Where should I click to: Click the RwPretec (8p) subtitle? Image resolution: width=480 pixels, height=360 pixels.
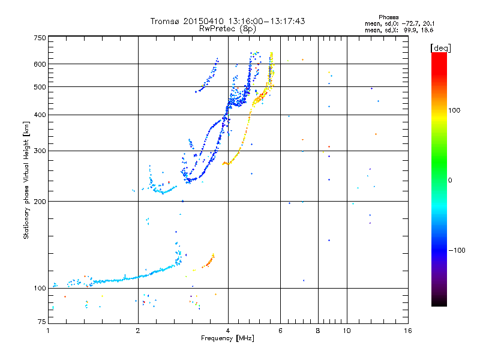tap(227, 29)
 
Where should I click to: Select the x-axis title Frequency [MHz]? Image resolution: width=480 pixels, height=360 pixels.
tap(227, 338)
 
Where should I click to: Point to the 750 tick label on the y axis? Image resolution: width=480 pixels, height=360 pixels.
tap(40, 38)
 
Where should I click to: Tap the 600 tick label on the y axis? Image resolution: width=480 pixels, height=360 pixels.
tap(40, 64)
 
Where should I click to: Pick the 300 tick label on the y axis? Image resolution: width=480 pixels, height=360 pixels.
tap(40, 151)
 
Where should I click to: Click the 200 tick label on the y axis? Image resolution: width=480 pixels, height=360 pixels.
tap(40, 201)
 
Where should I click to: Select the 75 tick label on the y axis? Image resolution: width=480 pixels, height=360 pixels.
tap(41, 322)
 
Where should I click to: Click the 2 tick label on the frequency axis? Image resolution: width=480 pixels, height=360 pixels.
tap(138, 331)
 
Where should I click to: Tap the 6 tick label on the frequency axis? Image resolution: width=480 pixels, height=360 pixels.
tap(280, 331)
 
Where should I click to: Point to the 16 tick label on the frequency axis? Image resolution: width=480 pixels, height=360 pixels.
tap(408, 331)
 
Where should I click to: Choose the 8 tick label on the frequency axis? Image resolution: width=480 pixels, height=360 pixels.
tap(318, 331)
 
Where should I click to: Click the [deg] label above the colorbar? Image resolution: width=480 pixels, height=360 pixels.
tap(440, 49)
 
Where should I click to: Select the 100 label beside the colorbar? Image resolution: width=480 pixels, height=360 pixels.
tap(454, 110)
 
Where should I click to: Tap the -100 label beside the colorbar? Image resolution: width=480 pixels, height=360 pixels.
tap(457, 250)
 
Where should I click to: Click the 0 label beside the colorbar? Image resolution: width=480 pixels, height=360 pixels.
tap(450, 181)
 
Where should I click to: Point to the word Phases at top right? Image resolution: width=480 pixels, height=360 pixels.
tap(388, 17)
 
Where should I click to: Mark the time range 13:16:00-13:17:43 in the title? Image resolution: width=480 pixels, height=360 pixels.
tap(267, 21)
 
